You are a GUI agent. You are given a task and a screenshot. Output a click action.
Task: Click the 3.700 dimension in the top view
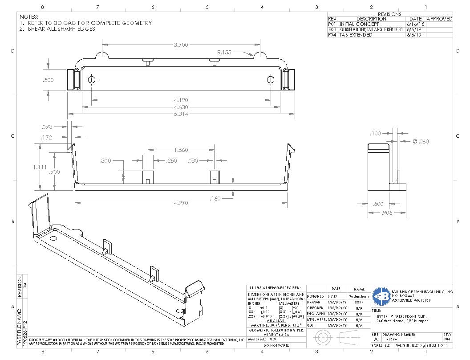pos(181,45)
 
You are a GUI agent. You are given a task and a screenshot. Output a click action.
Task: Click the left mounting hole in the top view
pos(92,80)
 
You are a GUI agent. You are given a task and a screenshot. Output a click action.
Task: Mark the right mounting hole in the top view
pos(271,80)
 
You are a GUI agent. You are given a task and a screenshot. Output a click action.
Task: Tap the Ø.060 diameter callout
pos(421,141)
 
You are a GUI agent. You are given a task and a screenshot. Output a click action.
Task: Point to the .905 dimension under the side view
pos(387,213)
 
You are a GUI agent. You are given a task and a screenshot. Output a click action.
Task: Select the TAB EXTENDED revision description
pos(356,35)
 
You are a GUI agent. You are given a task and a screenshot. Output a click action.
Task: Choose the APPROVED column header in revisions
pos(439,19)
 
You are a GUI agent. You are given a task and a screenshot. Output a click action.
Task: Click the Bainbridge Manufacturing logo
pos(381,295)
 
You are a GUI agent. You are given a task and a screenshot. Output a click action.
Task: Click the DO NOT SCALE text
pos(276,345)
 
